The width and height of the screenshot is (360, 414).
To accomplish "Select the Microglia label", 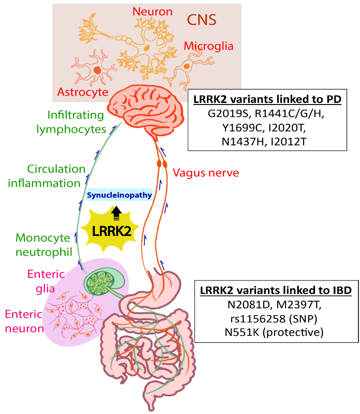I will tap(208, 46).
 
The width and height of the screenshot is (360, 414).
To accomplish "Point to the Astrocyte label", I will tap(83, 92).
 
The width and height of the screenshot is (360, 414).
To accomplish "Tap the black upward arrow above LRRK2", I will tap(116, 212).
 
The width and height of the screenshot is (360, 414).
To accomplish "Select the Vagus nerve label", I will tap(206, 172).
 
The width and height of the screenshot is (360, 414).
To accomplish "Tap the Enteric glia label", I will tap(49, 280).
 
